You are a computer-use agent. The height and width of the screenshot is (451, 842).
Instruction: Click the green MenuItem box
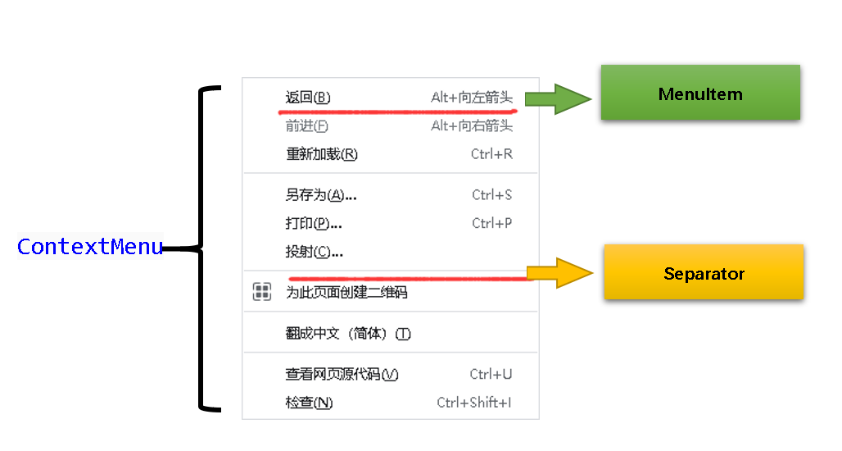tap(700, 93)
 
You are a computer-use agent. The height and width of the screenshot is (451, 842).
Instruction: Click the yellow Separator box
tap(704, 273)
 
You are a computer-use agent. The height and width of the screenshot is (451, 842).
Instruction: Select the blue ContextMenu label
tap(90, 246)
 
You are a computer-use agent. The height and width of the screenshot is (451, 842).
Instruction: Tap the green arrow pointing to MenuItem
tap(557, 99)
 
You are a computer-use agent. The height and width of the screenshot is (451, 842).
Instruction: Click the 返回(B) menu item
tap(308, 98)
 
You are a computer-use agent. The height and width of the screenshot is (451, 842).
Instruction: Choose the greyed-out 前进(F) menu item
tap(307, 125)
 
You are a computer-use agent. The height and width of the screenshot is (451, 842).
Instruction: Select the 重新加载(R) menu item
tap(321, 154)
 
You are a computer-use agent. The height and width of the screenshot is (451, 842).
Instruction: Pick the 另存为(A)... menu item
tap(320, 195)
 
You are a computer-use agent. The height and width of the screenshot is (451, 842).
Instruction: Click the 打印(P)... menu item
tap(314, 223)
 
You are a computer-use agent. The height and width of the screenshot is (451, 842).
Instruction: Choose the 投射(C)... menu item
tap(314, 252)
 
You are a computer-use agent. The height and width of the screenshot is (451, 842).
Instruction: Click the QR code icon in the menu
tap(262, 292)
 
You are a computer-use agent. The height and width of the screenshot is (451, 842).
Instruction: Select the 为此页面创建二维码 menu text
tap(346, 293)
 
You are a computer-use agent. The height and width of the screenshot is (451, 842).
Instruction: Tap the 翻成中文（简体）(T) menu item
tap(347, 334)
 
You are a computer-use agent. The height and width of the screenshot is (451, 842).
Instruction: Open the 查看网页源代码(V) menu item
tap(342, 375)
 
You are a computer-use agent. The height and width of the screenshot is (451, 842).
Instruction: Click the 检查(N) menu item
tap(309, 403)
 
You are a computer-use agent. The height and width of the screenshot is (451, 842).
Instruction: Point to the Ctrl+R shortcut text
tap(491, 154)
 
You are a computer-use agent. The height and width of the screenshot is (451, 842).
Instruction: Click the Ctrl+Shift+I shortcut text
tap(474, 403)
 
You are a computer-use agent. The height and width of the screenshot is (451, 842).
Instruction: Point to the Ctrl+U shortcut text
tap(491, 375)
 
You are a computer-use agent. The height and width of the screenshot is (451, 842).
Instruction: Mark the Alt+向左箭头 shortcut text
tap(472, 98)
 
